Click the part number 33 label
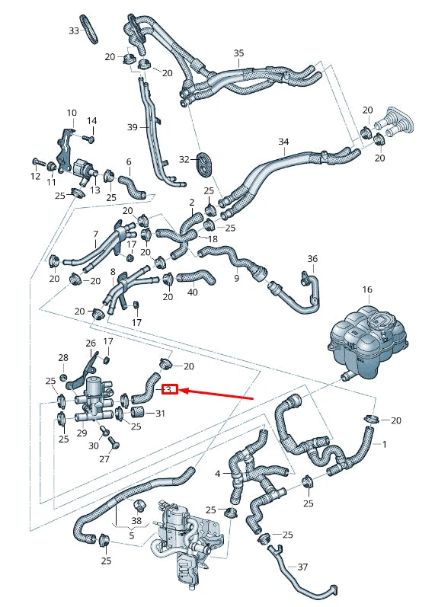point(73,31)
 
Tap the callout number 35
point(239,53)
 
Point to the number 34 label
point(284,142)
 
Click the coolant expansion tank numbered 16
point(366,343)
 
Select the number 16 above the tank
point(367,290)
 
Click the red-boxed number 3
point(171,390)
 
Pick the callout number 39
point(132,127)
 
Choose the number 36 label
point(312,259)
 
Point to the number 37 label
point(302,567)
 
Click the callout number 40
point(192,292)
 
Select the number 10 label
point(72,113)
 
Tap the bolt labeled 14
point(88,139)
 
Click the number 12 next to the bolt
point(36,177)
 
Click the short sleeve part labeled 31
point(139,414)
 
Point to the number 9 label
point(236,278)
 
